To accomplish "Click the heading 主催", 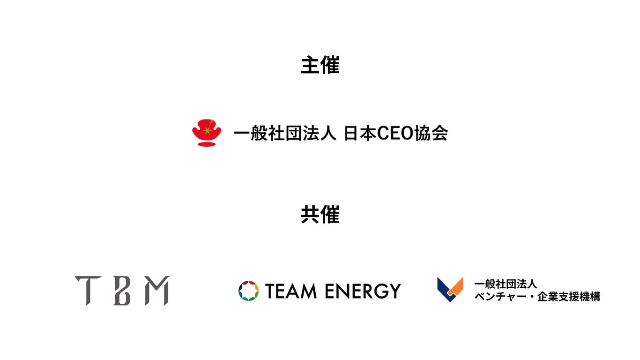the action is [x=320, y=65].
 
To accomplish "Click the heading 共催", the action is [x=320, y=215].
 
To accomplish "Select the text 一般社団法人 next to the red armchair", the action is [x=285, y=134].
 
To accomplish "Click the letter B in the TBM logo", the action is [x=122, y=291].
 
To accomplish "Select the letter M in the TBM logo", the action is [x=156, y=291].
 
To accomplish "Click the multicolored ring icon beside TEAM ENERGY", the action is [x=248, y=291].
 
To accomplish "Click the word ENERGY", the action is [x=363, y=291].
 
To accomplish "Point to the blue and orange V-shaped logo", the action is [x=450, y=290].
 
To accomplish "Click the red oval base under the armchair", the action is [x=207, y=144].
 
